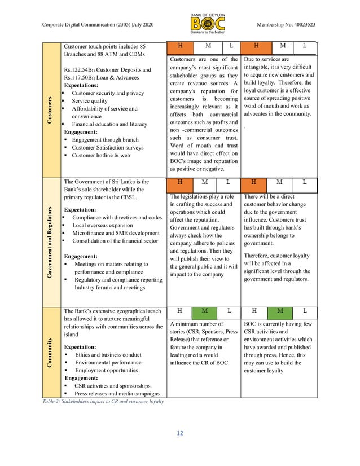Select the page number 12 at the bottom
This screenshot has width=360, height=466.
pyautogui.click(x=179, y=433)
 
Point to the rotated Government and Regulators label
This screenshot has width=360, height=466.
pyautogui.click(x=50, y=242)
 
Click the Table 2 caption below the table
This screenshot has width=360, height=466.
pyautogui.click(x=103, y=402)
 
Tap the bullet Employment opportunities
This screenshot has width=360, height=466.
pyautogui.click(x=106, y=371)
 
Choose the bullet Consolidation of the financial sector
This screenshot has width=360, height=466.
pyautogui.click(x=115, y=241)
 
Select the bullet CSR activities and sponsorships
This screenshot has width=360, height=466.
pyautogui.click(x=111, y=386)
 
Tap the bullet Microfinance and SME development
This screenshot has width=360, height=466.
pyautogui.click(x=116, y=233)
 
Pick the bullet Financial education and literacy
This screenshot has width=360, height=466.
pyautogui.click(x=109, y=124)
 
